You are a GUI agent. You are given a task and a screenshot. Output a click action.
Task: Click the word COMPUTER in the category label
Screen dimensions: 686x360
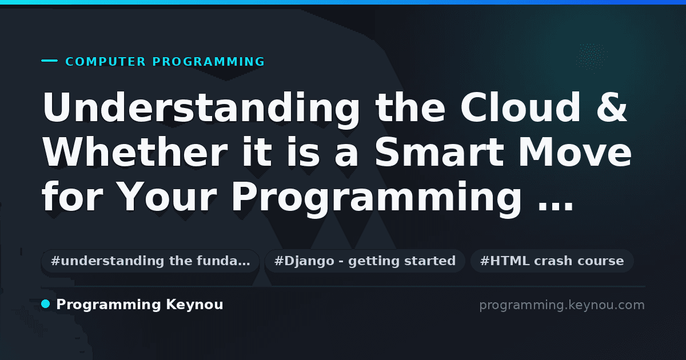(105, 62)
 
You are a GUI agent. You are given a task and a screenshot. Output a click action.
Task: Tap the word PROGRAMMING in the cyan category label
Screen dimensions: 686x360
(208, 62)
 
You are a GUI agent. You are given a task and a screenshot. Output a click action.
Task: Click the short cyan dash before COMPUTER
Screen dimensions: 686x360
(49, 61)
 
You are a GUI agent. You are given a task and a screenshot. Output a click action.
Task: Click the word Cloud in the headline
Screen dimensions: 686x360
(520, 107)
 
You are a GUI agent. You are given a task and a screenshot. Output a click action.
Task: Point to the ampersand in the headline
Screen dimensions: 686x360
(612, 107)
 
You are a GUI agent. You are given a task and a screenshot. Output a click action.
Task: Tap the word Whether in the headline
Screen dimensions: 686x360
(135, 152)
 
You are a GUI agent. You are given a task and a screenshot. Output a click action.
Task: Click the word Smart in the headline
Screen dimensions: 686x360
(440, 152)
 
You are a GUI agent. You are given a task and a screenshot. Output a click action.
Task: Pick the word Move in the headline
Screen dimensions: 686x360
(575, 152)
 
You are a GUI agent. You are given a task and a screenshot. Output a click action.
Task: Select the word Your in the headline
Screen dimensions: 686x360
(166, 197)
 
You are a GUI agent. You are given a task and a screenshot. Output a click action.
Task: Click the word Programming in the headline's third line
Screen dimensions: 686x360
(377, 198)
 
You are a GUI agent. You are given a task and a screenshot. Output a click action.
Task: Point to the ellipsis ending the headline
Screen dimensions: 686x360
(556, 207)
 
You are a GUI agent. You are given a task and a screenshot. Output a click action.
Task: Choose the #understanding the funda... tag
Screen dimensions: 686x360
(150, 261)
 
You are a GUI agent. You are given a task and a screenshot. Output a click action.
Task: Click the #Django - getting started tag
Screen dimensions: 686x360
(365, 261)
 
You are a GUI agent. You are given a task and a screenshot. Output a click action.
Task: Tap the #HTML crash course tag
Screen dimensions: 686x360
(552, 261)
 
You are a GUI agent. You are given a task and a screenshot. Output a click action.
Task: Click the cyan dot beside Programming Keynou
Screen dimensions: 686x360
(46, 304)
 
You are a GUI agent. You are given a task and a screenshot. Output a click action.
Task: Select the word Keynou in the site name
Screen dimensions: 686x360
(194, 305)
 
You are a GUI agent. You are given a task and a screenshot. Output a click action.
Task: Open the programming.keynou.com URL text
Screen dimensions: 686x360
(562, 305)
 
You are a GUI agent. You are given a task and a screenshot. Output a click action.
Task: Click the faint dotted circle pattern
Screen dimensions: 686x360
(592, 57)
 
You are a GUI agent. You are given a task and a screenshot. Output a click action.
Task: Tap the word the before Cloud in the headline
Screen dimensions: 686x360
(410, 107)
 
